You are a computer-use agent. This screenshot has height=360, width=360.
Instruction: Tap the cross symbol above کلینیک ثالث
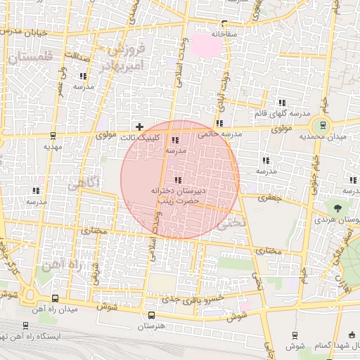coord(140,127)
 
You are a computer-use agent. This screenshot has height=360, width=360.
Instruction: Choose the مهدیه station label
coord(53,147)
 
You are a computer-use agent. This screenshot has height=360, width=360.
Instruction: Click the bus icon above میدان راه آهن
coord(56,298)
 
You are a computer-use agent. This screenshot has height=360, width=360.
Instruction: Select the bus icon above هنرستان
coord(150,314)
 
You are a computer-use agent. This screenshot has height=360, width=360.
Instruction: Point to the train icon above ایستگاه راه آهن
coord(26,326)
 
